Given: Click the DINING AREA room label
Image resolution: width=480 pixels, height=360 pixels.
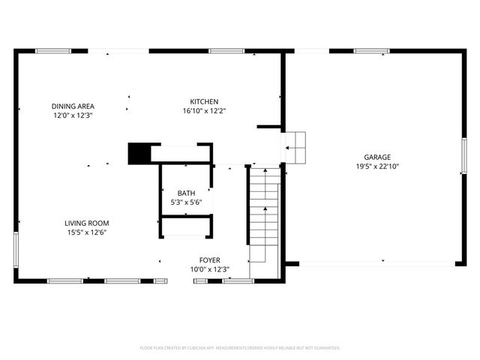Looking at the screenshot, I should pyautogui.click(x=73, y=106).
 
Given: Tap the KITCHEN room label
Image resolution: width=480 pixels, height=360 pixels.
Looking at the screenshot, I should pyautogui.click(x=204, y=101).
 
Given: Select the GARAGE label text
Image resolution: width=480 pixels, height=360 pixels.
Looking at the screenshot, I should pyautogui.click(x=378, y=157).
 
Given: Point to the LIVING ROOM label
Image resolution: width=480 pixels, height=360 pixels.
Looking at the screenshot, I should pyautogui.click(x=87, y=223).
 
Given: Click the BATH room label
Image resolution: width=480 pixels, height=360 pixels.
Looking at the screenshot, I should pyautogui.click(x=186, y=193).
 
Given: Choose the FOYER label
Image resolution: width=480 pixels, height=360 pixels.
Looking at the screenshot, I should pyautogui.click(x=209, y=259).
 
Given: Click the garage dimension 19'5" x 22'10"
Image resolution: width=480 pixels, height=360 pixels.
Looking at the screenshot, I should pyautogui.click(x=378, y=166).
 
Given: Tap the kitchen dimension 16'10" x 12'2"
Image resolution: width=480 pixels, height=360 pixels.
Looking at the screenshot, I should pyautogui.click(x=204, y=111).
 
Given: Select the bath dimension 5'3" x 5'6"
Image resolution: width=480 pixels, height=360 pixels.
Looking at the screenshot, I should pyautogui.click(x=186, y=202).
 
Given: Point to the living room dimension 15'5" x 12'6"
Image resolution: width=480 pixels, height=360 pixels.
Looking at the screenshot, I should pyautogui.click(x=87, y=232).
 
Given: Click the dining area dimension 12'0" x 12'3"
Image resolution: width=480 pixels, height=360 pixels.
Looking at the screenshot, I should pyautogui.click(x=73, y=115).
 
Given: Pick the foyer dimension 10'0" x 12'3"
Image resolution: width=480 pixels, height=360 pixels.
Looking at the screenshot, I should pyautogui.click(x=209, y=269).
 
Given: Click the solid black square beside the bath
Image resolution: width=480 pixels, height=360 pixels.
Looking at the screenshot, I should pyautogui.click(x=139, y=153).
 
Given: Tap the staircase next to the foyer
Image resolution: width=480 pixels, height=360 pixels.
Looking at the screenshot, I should pyautogui.click(x=264, y=214).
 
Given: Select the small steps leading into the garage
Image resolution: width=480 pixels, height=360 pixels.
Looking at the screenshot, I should pyautogui.click(x=296, y=147).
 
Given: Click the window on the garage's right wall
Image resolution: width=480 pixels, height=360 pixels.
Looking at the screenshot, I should pyautogui.click(x=464, y=157).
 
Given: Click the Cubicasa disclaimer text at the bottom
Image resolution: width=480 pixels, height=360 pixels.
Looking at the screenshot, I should pyautogui.click(x=240, y=348).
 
